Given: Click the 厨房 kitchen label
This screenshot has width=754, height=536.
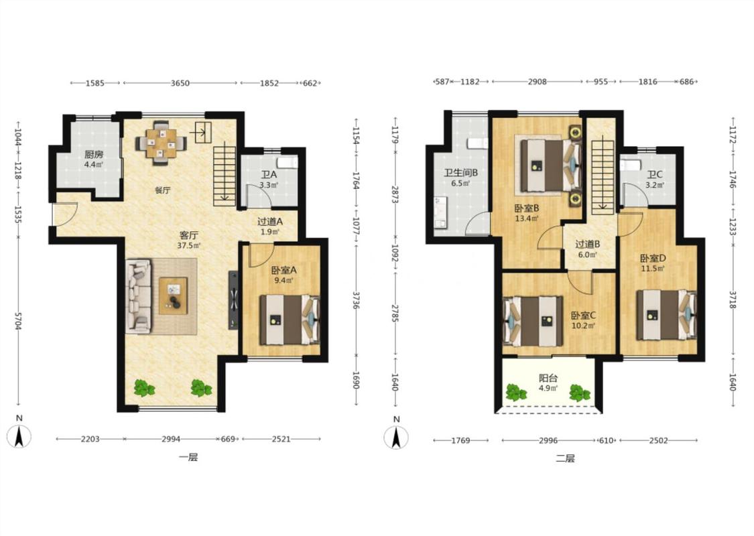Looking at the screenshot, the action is coord(94,155).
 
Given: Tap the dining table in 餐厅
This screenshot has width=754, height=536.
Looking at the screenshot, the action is coord(161,143).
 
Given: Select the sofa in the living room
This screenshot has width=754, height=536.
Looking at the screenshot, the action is coord(139,297).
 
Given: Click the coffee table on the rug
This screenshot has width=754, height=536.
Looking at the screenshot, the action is coord(173,295).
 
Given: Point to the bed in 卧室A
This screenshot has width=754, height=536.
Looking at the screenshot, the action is coord(290,320).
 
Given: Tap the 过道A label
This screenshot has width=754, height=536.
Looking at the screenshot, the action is coord(270,222).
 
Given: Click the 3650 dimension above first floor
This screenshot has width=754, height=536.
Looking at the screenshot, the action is coord(180,83).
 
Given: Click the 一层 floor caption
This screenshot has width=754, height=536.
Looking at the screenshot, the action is coord(188,457).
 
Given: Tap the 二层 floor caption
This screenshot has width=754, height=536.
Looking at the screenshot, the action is coord(565,458).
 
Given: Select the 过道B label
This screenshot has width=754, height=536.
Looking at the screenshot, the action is coord(587,244).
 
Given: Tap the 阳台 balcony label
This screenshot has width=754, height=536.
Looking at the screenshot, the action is coord(548,379).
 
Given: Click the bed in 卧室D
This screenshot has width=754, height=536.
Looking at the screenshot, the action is coord(666,315).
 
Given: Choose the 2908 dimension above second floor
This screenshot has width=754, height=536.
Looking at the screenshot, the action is coord(537,82).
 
